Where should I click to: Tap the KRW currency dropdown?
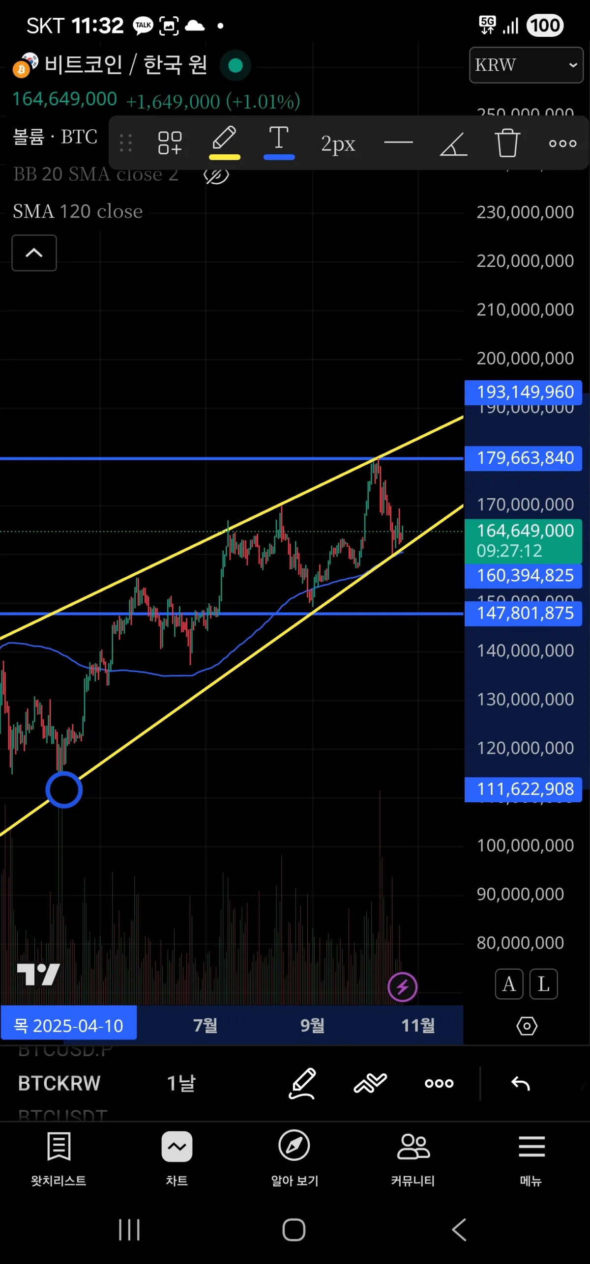click(x=526, y=65)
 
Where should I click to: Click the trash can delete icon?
click(x=507, y=143)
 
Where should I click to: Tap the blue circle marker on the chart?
click(x=64, y=789)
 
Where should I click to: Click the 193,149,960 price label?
click(x=524, y=392)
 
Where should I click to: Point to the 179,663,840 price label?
click(x=524, y=458)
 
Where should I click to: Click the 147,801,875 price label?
click(x=524, y=613)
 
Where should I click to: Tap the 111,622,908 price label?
click(x=524, y=789)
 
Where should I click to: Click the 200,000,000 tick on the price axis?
click(x=525, y=359)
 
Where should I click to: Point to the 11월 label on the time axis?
click(x=418, y=1025)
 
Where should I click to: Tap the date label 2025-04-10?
click(x=69, y=1026)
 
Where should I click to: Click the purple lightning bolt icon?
click(x=402, y=986)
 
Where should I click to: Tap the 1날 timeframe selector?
click(x=181, y=1083)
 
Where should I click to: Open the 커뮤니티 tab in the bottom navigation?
click(x=413, y=1157)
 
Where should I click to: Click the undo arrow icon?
click(x=520, y=1083)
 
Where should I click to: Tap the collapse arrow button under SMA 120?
click(x=34, y=253)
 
